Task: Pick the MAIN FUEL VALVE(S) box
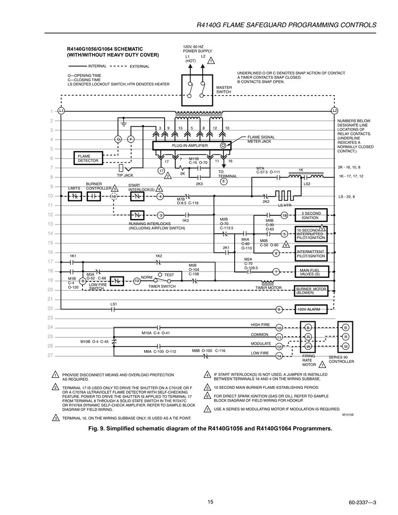point(311,272)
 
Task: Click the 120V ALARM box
point(311,309)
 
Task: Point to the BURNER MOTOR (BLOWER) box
point(311,291)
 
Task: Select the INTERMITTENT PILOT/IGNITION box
point(311,254)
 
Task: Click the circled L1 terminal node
point(61,111)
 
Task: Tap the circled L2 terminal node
point(335,111)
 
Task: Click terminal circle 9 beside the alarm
point(279,309)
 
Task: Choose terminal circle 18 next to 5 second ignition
point(285,215)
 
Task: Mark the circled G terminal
point(118,139)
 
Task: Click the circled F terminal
point(131,139)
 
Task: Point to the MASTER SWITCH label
point(224,90)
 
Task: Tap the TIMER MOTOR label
point(269,288)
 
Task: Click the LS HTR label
point(285,205)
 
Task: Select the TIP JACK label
point(125,175)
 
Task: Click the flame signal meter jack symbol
point(223,145)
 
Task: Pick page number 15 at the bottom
point(210,502)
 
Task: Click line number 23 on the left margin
point(50,318)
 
